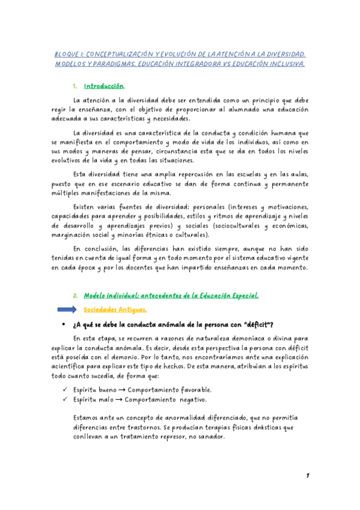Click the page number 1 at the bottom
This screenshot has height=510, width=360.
[307, 475]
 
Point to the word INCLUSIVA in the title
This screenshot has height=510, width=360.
[285, 63]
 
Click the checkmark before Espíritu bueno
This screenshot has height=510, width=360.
[64, 389]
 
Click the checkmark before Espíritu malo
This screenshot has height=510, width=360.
[64, 399]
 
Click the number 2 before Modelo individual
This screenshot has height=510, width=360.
[75, 295]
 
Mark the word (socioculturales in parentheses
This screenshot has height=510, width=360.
[232, 226]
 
